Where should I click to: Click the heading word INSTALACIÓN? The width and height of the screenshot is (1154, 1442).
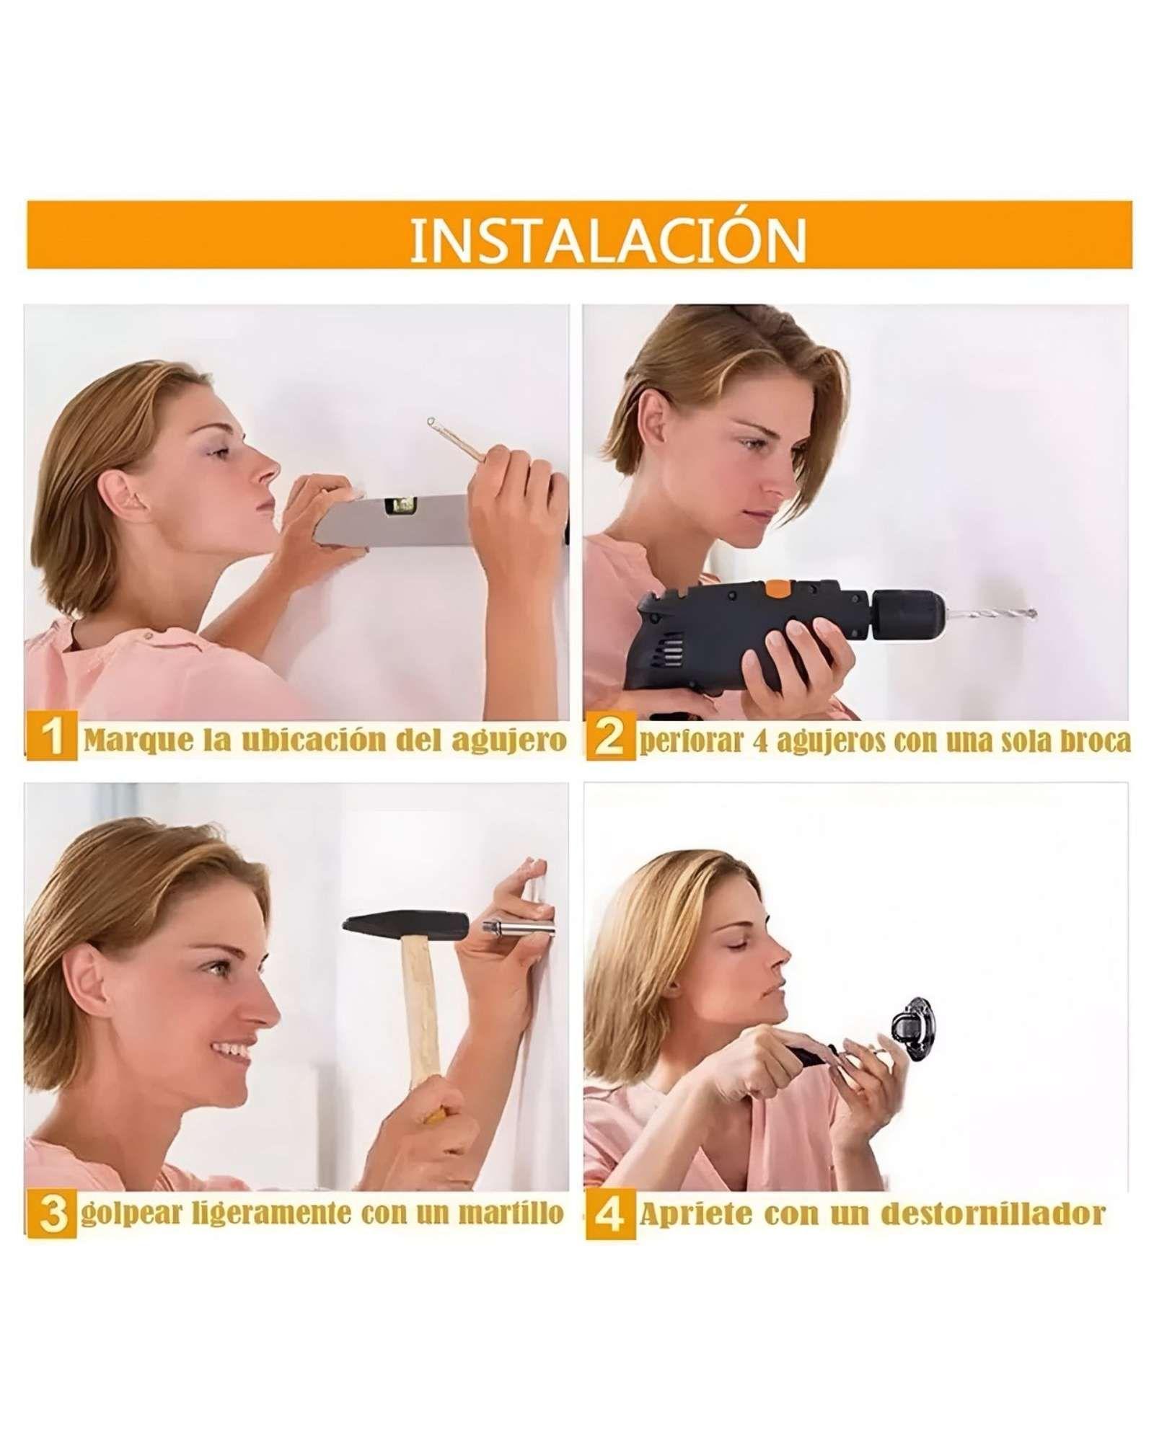point(607,236)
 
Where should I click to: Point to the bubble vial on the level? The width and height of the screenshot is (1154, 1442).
point(395,507)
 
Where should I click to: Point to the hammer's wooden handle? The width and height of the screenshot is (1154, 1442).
point(420,1009)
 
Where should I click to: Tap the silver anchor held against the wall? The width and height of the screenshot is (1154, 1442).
point(516,926)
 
